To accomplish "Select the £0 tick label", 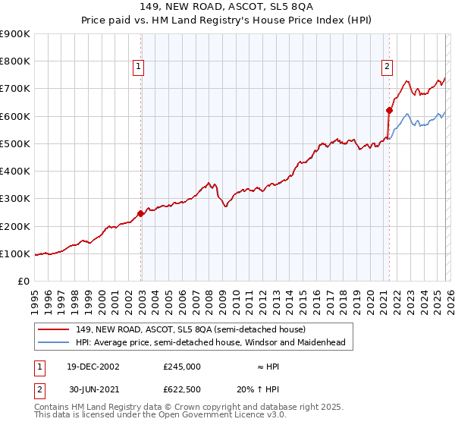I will [x=24, y=282].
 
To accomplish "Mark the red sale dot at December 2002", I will [x=141, y=213].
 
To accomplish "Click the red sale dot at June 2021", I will [x=389, y=110].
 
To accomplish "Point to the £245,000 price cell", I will [x=181, y=366].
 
